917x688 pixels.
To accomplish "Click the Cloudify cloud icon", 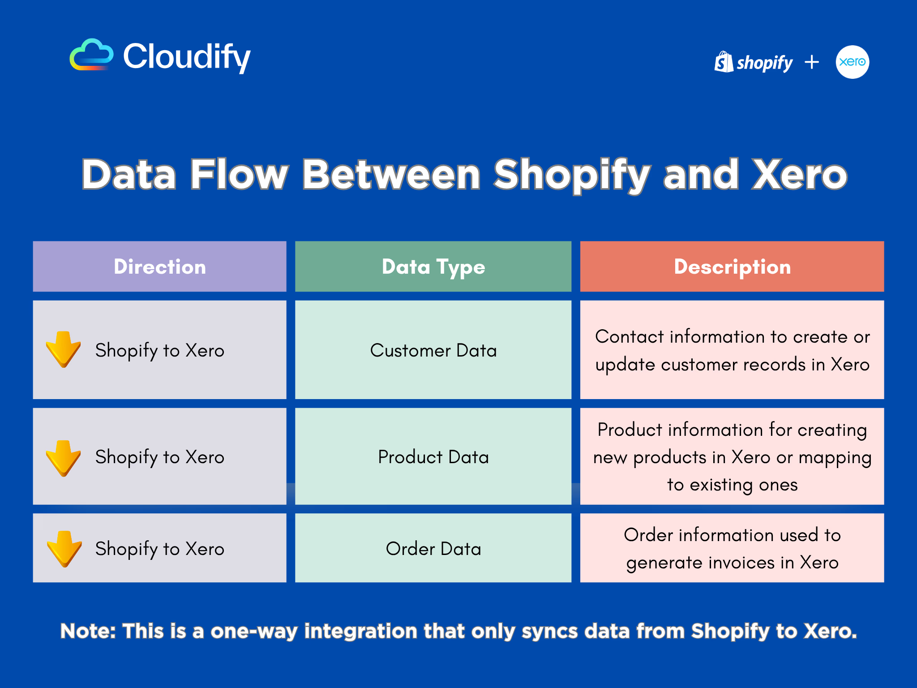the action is (91, 55).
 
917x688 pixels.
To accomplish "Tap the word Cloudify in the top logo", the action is (187, 57).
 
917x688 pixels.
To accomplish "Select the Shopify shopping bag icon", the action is (724, 62).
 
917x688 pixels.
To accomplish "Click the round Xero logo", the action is (853, 62).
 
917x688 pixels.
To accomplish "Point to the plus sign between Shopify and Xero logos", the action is (812, 62).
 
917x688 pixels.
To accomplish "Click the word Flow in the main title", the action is (239, 174).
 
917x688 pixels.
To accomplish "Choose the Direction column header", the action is (160, 267).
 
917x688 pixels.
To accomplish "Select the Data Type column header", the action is (433, 267).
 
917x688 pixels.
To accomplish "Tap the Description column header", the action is (732, 267).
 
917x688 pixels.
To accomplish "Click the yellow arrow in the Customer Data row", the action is (64, 349).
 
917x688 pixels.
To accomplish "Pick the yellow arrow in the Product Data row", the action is (64, 458).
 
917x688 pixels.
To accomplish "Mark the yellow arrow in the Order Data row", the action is (64, 549).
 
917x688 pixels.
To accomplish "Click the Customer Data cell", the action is (433, 350).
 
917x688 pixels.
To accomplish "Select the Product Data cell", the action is (433, 456).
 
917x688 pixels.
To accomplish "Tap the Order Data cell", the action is (433, 548).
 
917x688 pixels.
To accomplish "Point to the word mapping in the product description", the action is (835, 458).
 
